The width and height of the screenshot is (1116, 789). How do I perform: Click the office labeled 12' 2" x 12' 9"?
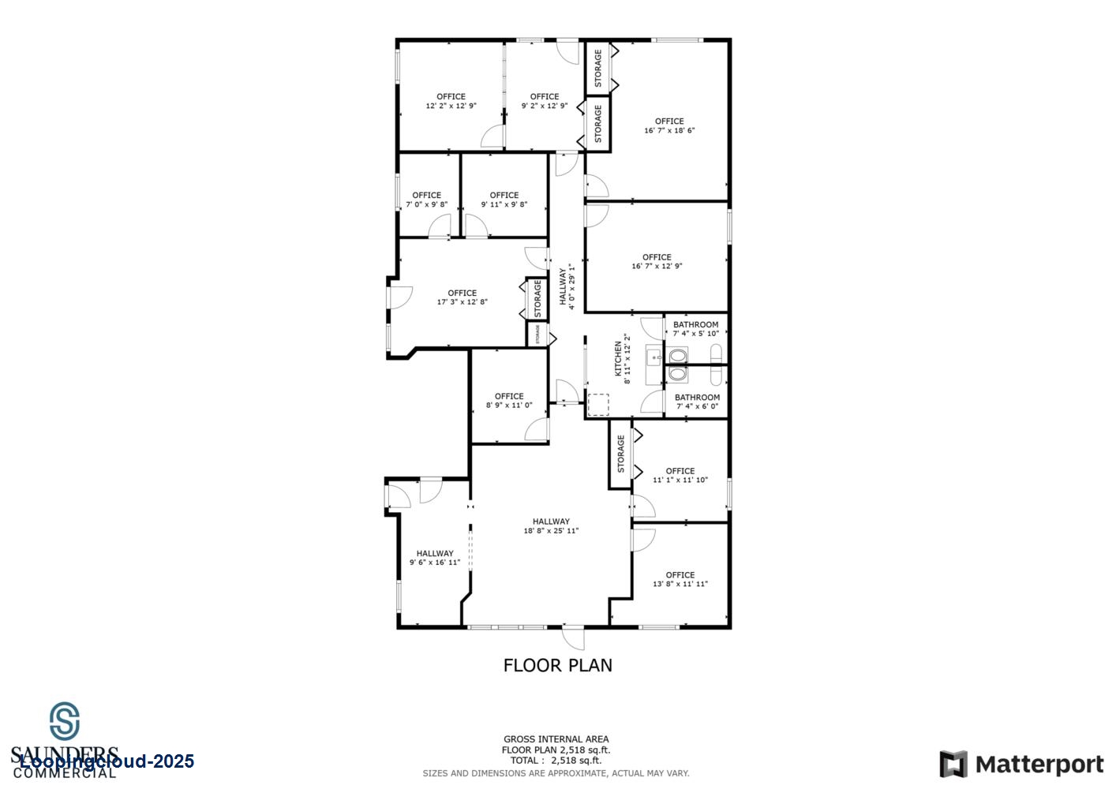click(x=451, y=101)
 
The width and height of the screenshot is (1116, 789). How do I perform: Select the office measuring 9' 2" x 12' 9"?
click(x=544, y=101)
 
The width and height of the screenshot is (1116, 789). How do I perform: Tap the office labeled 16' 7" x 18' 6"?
click(x=669, y=126)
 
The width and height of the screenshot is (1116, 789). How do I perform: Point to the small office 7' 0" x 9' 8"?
click(x=426, y=200)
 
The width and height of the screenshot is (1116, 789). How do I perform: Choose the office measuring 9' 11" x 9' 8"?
click(x=504, y=200)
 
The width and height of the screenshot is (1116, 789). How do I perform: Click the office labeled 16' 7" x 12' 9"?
click(x=657, y=261)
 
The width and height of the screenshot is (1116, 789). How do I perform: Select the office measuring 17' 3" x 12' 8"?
click(x=462, y=297)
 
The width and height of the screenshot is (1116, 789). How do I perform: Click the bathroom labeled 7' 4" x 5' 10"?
click(x=695, y=329)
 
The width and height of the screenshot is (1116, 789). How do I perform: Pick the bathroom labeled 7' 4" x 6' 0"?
click(x=697, y=402)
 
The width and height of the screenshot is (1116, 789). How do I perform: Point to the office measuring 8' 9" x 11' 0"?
click(x=509, y=401)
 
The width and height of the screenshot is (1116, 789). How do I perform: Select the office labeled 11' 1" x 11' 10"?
click(x=680, y=475)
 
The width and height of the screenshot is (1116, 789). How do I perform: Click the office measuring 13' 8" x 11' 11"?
click(x=680, y=579)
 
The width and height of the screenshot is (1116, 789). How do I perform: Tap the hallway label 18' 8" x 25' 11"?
click(x=551, y=526)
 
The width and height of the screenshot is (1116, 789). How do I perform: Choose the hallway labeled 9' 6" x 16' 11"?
click(x=435, y=558)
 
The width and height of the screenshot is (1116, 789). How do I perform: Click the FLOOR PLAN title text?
click(x=557, y=665)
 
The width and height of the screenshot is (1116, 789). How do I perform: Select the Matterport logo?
click(x=1021, y=765)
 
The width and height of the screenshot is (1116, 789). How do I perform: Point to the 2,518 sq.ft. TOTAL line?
click(x=556, y=761)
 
